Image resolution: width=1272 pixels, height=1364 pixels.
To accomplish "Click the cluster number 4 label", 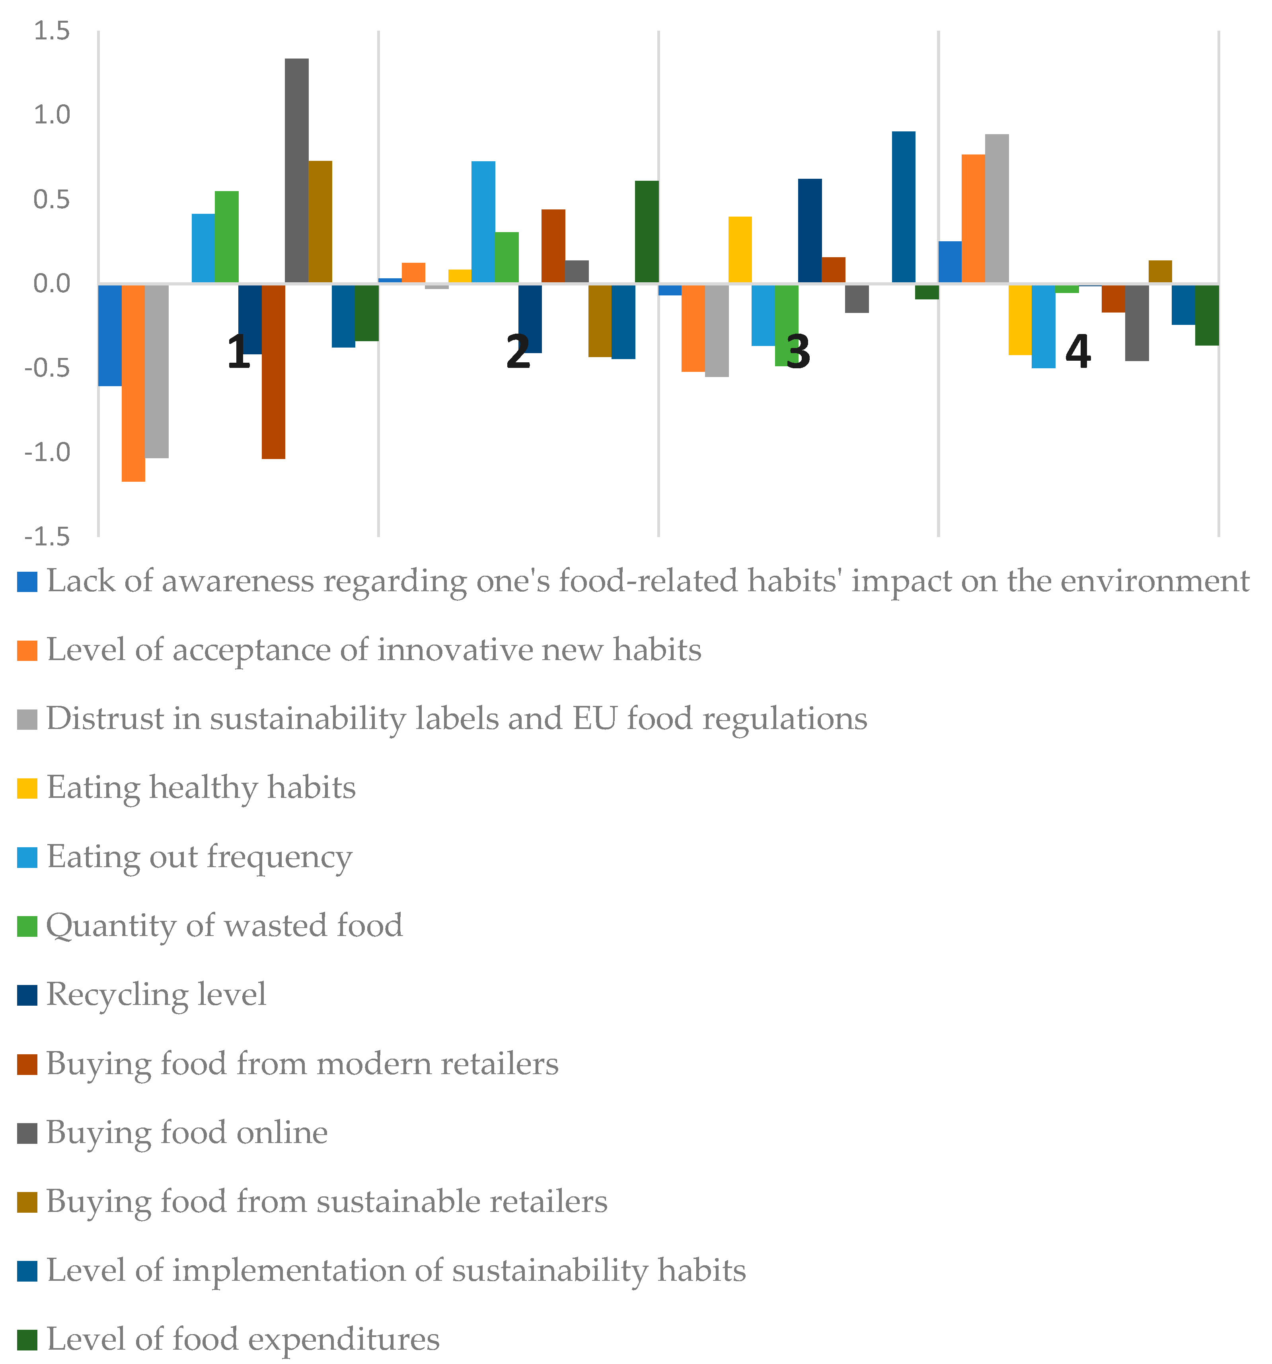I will point(1077,352).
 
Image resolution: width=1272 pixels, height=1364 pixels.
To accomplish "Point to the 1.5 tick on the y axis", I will point(51,31).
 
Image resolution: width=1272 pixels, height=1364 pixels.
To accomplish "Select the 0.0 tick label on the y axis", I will point(51,283).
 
